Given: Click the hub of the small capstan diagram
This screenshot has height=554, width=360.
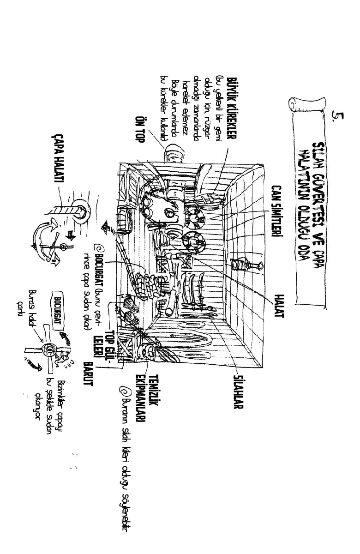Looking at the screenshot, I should pos(47,349).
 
